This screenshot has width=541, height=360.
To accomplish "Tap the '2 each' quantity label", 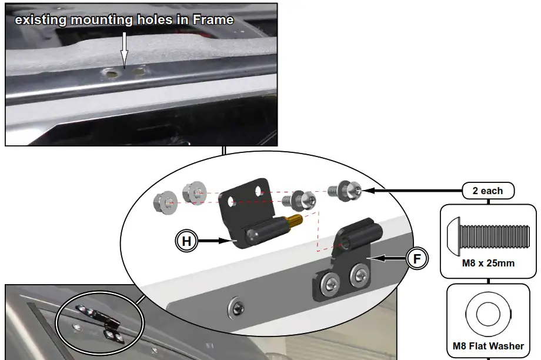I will [487, 191].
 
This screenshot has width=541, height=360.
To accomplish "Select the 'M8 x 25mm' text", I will [488, 264].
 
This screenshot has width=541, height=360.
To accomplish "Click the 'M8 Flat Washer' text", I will [488, 346].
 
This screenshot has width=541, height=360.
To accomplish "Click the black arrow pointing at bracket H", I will [214, 240].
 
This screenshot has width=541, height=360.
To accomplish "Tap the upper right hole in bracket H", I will [259, 189].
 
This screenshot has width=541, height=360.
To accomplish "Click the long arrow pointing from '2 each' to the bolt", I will [412, 191].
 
